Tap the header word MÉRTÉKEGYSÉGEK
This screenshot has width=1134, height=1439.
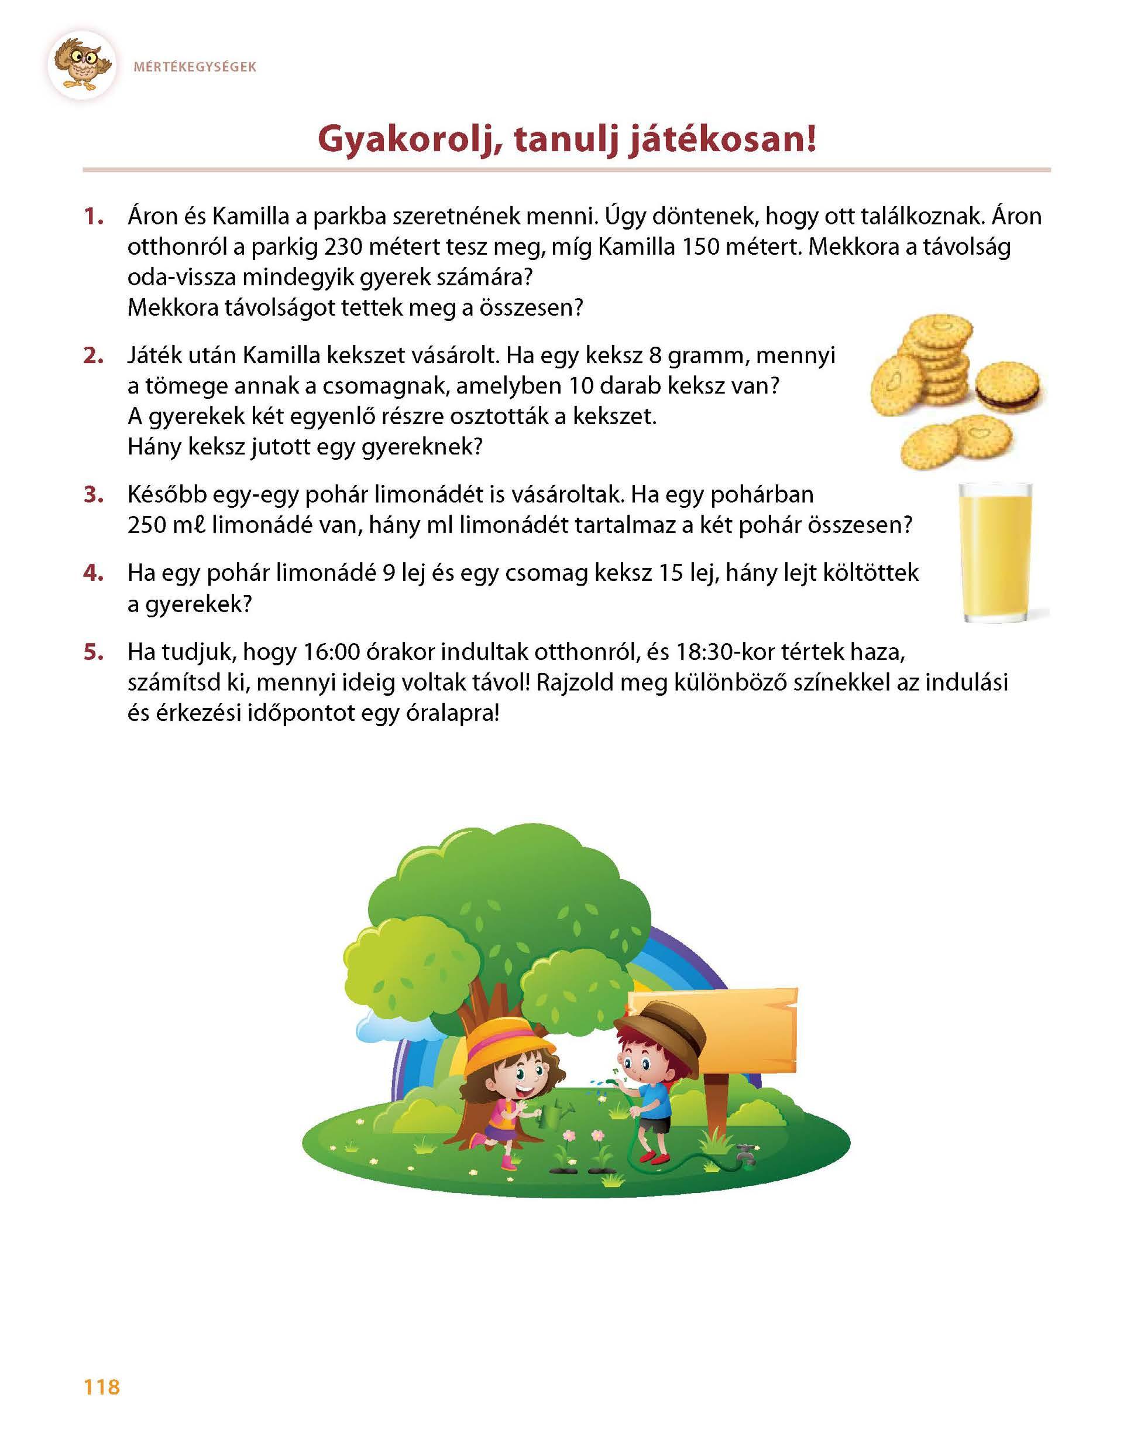click(194, 67)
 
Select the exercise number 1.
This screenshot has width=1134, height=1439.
click(94, 217)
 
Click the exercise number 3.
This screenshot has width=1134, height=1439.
click(94, 495)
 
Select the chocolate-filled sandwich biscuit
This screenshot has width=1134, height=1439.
click(1009, 386)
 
